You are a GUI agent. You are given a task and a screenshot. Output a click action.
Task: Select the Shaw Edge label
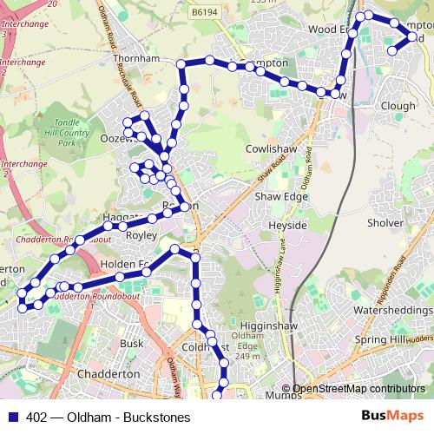pyautogui.click(x=280, y=197)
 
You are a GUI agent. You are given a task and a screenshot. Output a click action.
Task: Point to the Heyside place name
pyautogui.click(x=288, y=225)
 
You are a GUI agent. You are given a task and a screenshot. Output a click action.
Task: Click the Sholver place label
pyautogui.click(x=385, y=223)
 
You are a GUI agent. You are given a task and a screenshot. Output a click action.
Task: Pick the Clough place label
pyautogui.click(x=398, y=106)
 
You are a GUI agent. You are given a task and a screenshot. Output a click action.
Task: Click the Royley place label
pyautogui.click(x=141, y=234)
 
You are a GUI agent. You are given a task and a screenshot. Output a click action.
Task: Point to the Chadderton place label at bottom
pyautogui.click(x=108, y=373)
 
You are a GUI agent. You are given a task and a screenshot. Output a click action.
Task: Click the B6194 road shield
pyautogui.click(x=229, y=12)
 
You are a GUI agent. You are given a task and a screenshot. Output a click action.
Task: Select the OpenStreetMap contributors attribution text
pyautogui.click(x=358, y=389)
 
